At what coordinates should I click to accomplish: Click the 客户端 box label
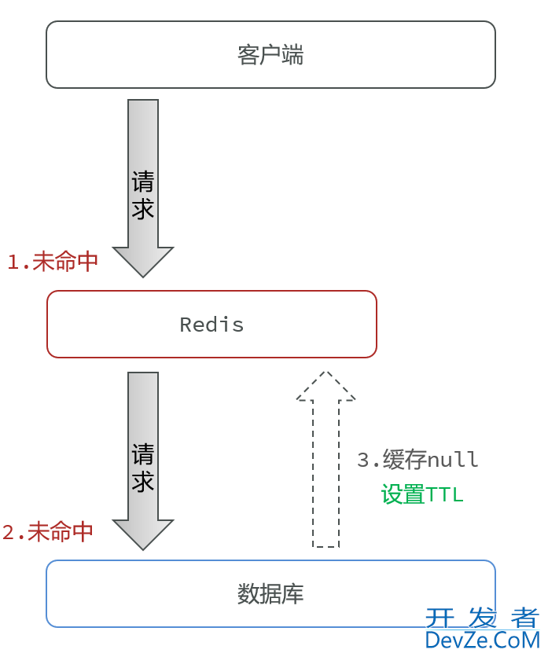pos(270,55)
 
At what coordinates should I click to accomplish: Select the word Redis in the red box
pos(211,325)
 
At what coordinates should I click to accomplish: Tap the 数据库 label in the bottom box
pos(270,594)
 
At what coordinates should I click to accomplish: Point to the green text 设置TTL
pos(422,494)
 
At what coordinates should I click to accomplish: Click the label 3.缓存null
pos(417,460)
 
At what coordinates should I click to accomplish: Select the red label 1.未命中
pos(53,262)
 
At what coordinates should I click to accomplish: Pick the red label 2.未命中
pos(48,532)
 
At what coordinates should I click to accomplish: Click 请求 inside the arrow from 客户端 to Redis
pos(143,195)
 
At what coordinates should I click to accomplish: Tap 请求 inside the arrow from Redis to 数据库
pos(143,468)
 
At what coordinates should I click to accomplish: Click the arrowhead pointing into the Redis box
pos(143,261)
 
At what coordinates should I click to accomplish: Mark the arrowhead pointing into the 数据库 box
pos(143,534)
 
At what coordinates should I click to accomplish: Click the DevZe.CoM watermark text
pos(482,640)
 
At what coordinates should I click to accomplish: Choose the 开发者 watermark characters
pos(482,618)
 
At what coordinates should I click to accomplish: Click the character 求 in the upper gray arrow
pos(143,209)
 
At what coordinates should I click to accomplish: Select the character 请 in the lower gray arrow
pos(143,454)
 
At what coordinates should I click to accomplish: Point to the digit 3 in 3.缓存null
pos(362,460)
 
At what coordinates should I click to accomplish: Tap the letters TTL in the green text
pos(444,494)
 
